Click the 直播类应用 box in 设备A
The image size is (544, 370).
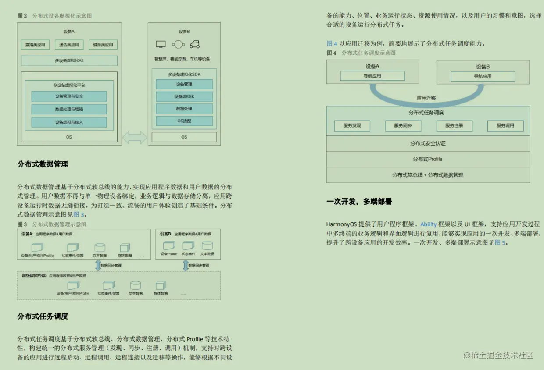coord(35,45)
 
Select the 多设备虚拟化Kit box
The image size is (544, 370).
coord(69,61)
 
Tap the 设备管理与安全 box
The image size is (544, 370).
coord(69,96)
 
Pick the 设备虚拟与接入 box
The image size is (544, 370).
coord(69,122)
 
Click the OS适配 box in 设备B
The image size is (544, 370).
coord(184,121)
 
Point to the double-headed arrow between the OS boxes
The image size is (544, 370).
coord(135,137)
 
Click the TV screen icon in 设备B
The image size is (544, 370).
coord(161,44)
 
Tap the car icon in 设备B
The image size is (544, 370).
coord(195,44)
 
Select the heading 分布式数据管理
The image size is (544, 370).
coord(43,164)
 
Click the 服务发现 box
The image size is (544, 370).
coord(352,126)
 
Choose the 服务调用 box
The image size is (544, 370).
coord(505,126)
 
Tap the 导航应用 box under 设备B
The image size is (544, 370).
coord(483,76)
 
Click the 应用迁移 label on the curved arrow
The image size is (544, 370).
coord(426,98)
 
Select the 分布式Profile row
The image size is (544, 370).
coord(428,159)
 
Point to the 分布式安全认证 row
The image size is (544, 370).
coord(428,143)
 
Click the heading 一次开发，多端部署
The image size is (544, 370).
coord(359,202)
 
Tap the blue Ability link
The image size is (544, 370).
coord(428,224)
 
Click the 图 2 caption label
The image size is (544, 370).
coord(22,16)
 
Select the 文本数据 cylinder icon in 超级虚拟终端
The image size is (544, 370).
coord(136,285)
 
